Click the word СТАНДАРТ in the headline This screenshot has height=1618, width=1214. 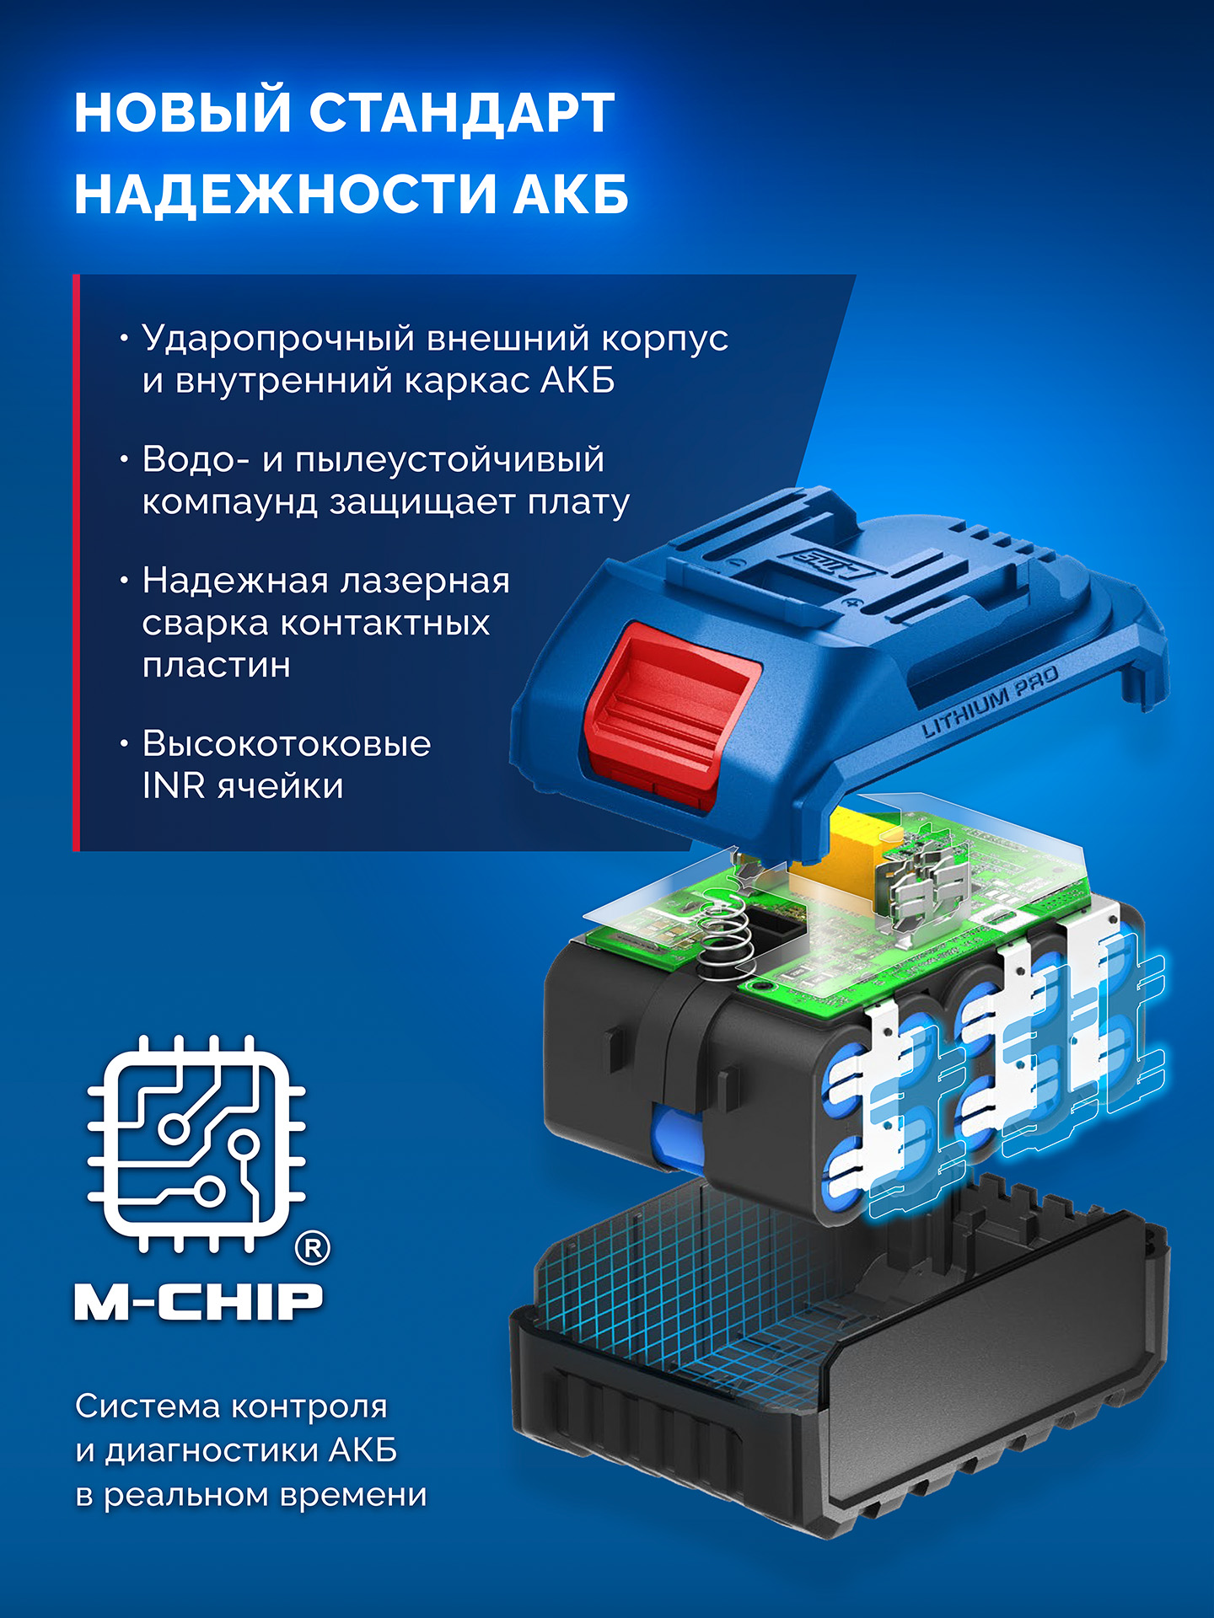pos(461,113)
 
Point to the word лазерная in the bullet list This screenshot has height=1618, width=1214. pos(422,581)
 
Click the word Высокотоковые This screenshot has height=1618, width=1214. pos(287,744)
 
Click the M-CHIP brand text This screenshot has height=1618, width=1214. pos(199,1302)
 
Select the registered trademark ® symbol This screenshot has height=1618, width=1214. pos(313,1248)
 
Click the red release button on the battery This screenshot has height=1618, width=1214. pos(666,708)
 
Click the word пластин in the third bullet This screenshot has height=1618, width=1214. pos(217,666)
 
